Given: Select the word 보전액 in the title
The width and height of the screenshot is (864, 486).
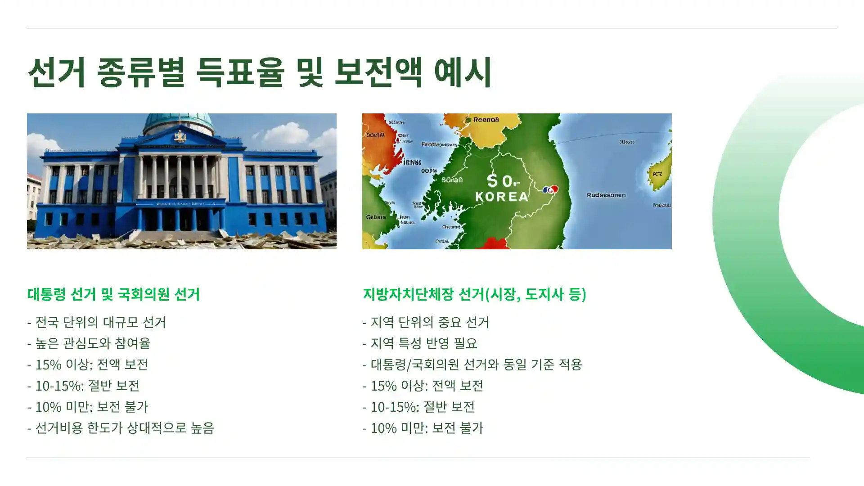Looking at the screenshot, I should click(378, 72).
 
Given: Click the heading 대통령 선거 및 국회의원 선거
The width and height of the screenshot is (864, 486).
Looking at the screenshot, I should click(113, 294).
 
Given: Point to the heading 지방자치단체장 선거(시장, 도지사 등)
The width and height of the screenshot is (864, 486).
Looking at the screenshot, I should click(474, 294).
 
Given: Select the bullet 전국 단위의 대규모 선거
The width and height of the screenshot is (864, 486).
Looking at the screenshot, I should click(97, 322).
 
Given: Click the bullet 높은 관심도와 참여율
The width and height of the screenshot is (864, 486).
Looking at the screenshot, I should click(89, 343).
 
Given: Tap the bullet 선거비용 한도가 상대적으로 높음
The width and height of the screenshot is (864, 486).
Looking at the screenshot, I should click(121, 427).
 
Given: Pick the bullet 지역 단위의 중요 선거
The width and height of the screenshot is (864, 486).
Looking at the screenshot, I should click(426, 322).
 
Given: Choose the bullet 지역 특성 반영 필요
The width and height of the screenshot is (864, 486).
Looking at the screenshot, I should click(420, 343).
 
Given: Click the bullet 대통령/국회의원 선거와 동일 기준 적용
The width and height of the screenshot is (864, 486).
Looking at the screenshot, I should click(472, 364).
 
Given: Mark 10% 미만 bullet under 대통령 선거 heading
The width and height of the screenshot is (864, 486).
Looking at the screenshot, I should click(88, 406).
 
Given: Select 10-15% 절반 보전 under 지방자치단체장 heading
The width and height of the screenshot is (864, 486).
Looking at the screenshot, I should click(418, 406).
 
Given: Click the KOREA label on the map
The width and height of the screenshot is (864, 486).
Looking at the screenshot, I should click(502, 197).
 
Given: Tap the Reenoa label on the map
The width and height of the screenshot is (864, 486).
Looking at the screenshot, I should click(486, 120).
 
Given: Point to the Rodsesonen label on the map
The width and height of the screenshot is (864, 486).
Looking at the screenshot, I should click(606, 195).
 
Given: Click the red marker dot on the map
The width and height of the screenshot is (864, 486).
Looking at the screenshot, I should click(554, 189).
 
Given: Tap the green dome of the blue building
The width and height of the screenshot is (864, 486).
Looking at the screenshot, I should click(179, 121).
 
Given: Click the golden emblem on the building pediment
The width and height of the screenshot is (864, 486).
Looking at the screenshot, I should click(180, 136).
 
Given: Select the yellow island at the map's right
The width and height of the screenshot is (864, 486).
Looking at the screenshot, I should click(658, 171).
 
